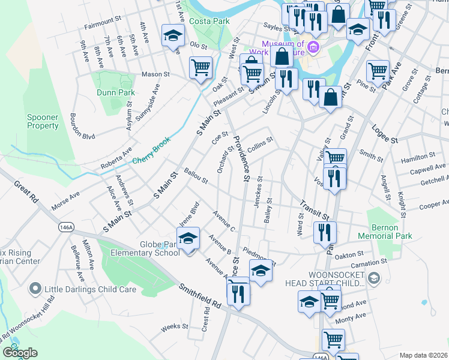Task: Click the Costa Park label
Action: (213, 21)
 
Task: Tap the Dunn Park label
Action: (110, 93)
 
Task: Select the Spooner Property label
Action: (43, 122)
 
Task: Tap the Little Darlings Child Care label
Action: (90, 289)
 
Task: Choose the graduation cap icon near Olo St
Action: (173, 35)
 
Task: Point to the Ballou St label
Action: (196, 176)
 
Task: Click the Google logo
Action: (20, 353)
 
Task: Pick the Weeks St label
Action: (175, 327)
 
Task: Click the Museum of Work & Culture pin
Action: (312, 47)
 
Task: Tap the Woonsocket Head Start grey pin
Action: (374, 278)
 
